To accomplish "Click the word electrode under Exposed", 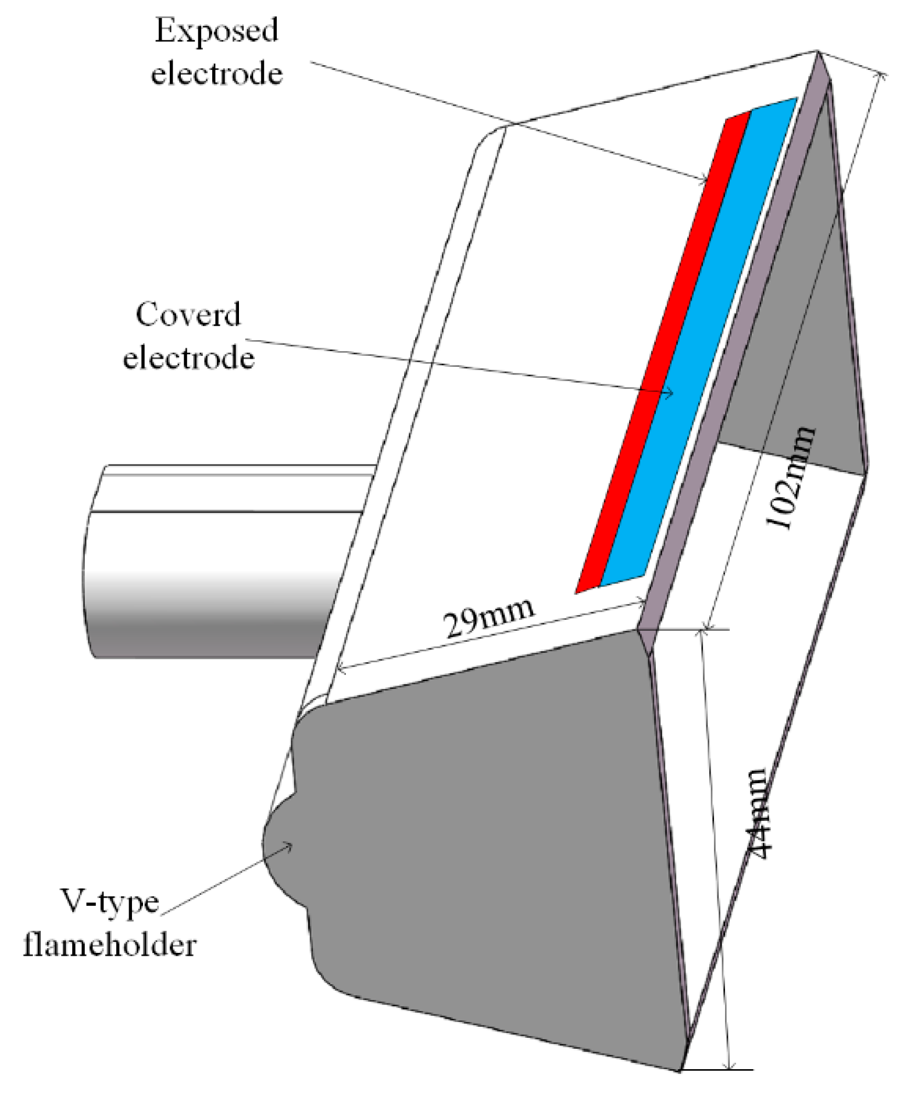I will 217,74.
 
